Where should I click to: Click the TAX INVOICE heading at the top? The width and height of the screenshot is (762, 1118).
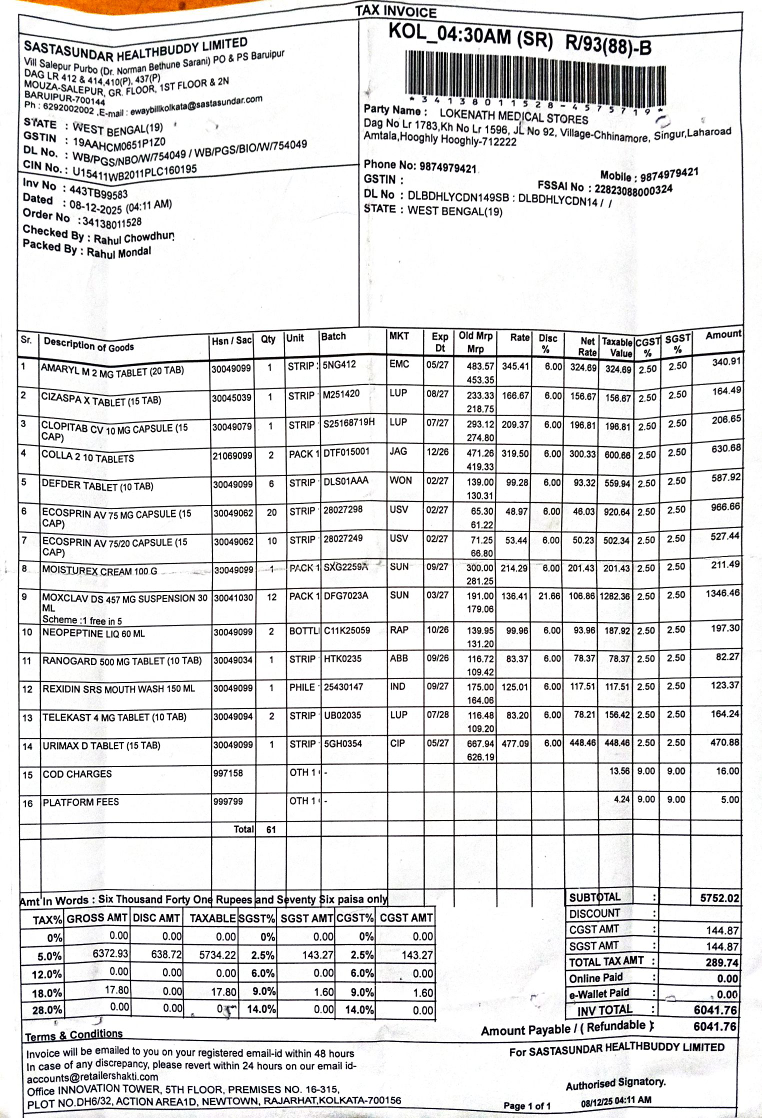tap(396, 11)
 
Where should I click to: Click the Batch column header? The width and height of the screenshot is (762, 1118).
tap(334, 336)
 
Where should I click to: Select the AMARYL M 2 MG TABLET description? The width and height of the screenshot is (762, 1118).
tap(112, 369)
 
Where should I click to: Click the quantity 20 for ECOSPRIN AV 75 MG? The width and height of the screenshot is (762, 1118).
tap(268, 512)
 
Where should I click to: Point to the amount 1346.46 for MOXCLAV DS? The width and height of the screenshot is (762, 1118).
tap(722, 593)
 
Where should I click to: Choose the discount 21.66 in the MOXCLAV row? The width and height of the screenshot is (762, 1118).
tap(546, 596)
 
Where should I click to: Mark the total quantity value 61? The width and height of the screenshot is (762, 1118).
tap(270, 829)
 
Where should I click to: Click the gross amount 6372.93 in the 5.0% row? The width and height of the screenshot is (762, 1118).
tap(101, 955)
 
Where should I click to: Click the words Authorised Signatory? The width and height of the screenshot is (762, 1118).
tap(615, 1082)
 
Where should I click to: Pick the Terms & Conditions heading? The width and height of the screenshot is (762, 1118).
tap(73, 1035)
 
